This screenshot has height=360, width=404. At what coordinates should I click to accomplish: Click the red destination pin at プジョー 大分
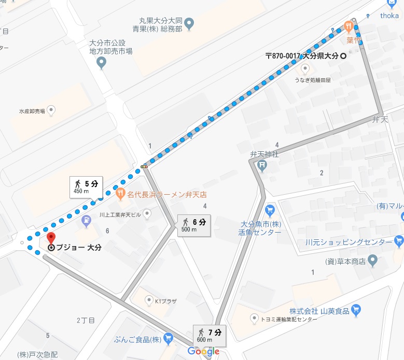(51, 239)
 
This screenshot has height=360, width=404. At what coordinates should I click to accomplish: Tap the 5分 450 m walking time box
(87, 186)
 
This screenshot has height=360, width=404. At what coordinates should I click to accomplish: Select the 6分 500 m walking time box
(194, 225)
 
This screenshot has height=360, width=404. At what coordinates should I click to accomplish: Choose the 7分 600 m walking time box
(211, 335)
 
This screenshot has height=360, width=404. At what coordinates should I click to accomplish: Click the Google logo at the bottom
(203, 352)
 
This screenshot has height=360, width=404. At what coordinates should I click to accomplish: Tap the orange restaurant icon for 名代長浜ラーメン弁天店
(120, 194)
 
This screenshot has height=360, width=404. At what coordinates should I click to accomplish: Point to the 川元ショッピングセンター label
(349, 242)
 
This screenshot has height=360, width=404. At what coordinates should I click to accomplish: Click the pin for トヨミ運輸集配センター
(254, 318)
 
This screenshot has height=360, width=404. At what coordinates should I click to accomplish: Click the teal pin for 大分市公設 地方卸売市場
(102, 63)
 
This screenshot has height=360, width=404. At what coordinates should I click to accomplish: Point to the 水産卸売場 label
(33, 110)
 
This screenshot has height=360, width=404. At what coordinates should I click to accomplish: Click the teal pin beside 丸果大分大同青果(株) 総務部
(189, 23)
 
